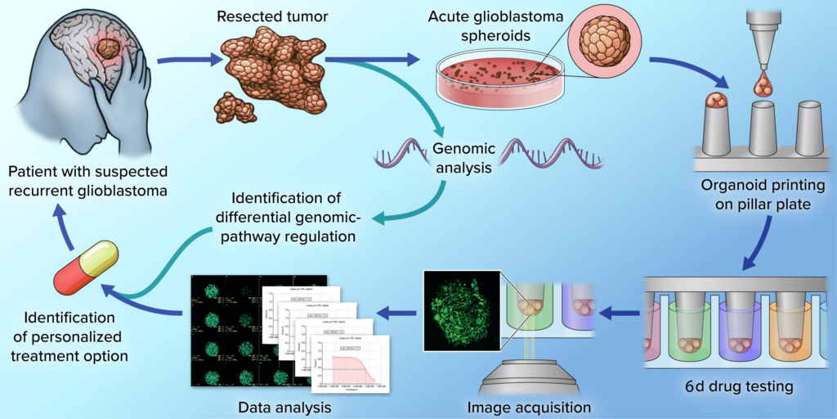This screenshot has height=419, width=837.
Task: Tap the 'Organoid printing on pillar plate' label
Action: coord(756,195)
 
